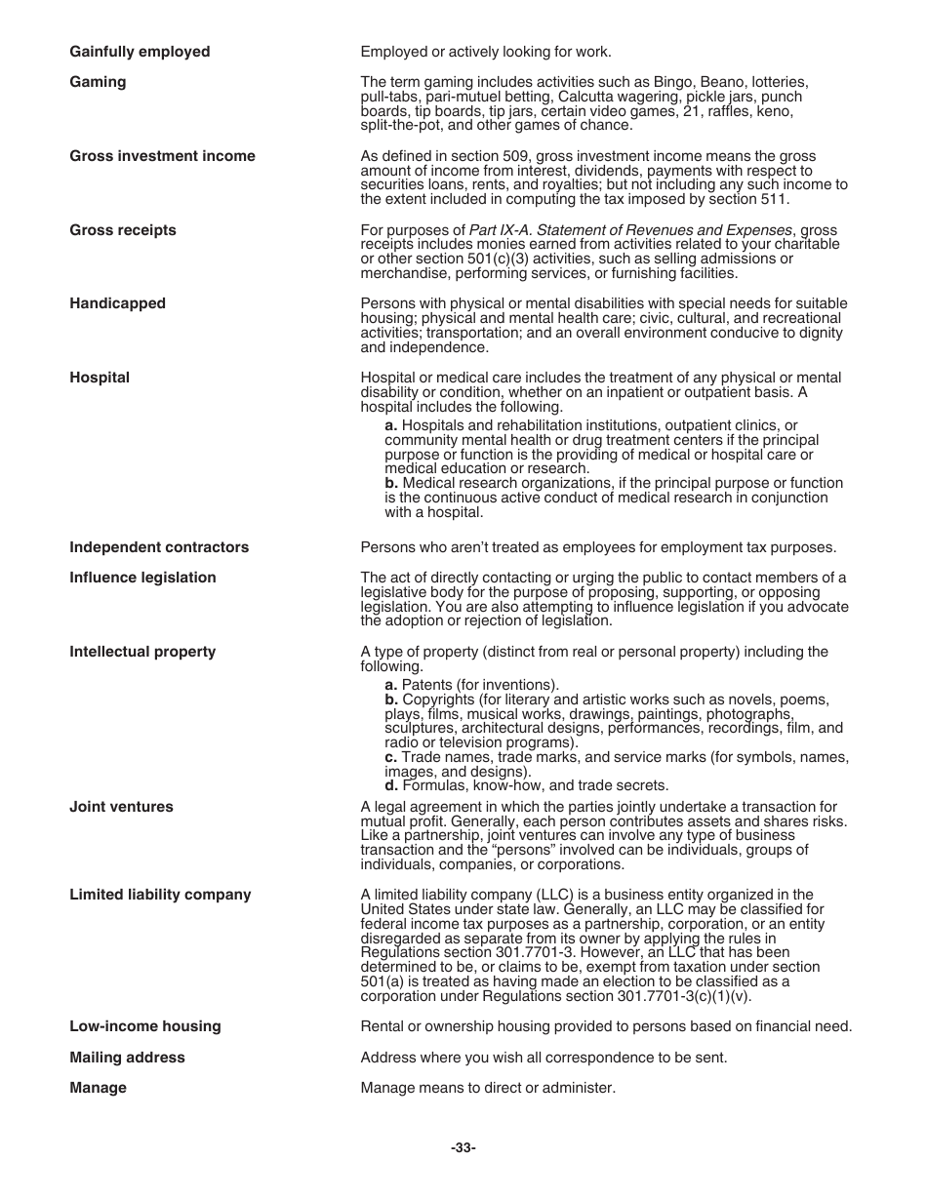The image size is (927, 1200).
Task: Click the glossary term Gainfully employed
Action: pyautogui.click(x=140, y=52)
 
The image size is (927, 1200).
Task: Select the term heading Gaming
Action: pyautogui.click(x=98, y=82)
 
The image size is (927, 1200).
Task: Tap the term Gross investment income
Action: pyautogui.click(x=162, y=156)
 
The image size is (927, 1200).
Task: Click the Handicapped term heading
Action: pyautogui.click(x=117, y=303)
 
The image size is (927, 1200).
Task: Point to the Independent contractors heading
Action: pyautogui.click(x=159, y=547)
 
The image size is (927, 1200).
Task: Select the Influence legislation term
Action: pyautogui.click(x=142, y=578)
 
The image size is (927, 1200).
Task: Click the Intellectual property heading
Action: pyautogui.click(x=142, y=652)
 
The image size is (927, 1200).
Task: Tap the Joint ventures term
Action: pyautogui.click(x=121, y=807)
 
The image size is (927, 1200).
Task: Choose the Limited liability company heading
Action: pyautogui.click(x=160, y=895)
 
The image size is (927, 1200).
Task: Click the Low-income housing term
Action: pyautogui.click(x=145, y=1026)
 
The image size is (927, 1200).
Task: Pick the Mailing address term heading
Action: pyautogui.click(x=127, y=1058)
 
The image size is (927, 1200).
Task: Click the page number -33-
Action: pyautogui.click(x=463, y=1148)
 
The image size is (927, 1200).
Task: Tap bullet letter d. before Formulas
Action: pyautogui.click(x=390, y=785)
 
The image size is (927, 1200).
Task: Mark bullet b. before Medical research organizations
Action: pyautogui.click(x=391, y=483)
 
